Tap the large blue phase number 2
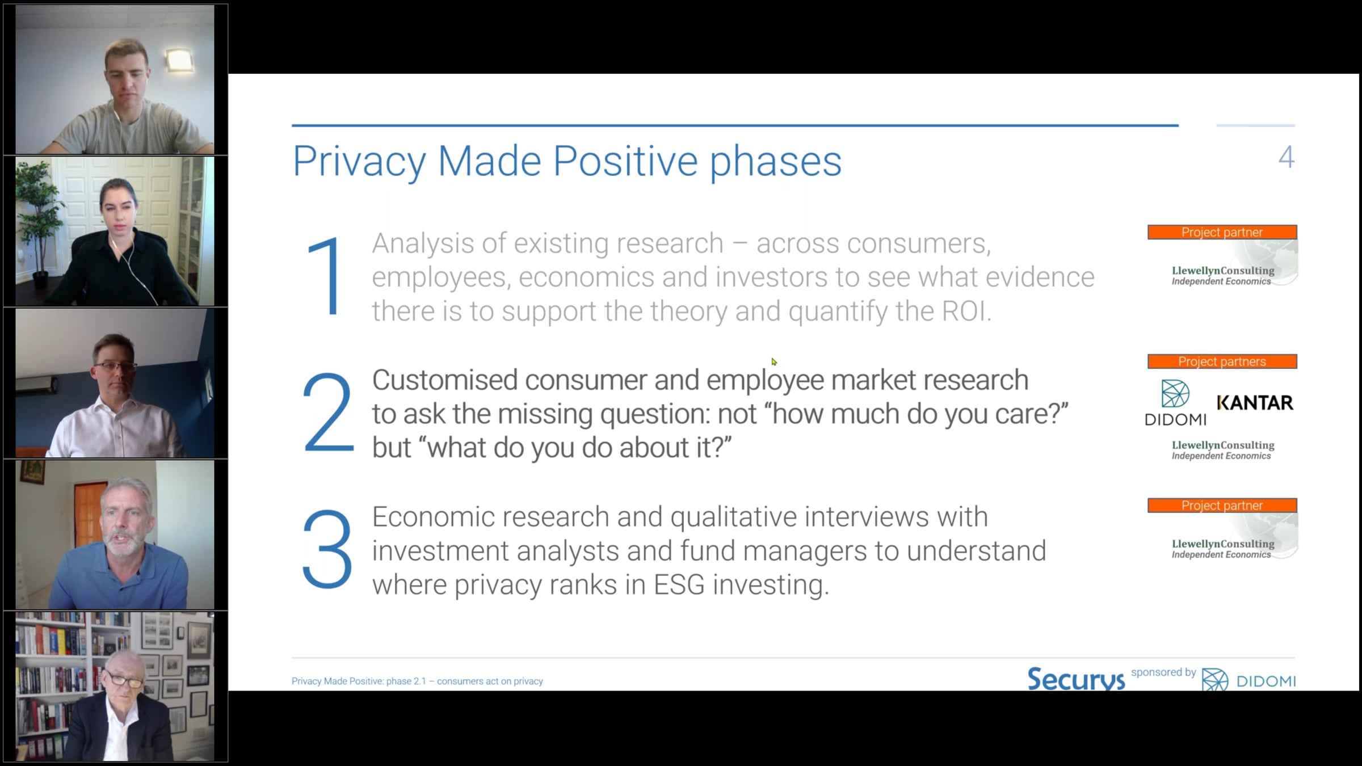point(328,412)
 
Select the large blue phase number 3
point(327,549)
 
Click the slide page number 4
point(1286,157)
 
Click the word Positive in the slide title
point(625,161)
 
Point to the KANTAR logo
point(1255,403)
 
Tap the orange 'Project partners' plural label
point(1222,361)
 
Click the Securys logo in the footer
point(1075,679)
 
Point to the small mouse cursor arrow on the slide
point(774,362)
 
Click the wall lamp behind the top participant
point(179,61)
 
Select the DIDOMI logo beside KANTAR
point(1175,403)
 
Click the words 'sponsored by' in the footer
point(1163,672)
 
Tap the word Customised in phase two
point(445,380)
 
